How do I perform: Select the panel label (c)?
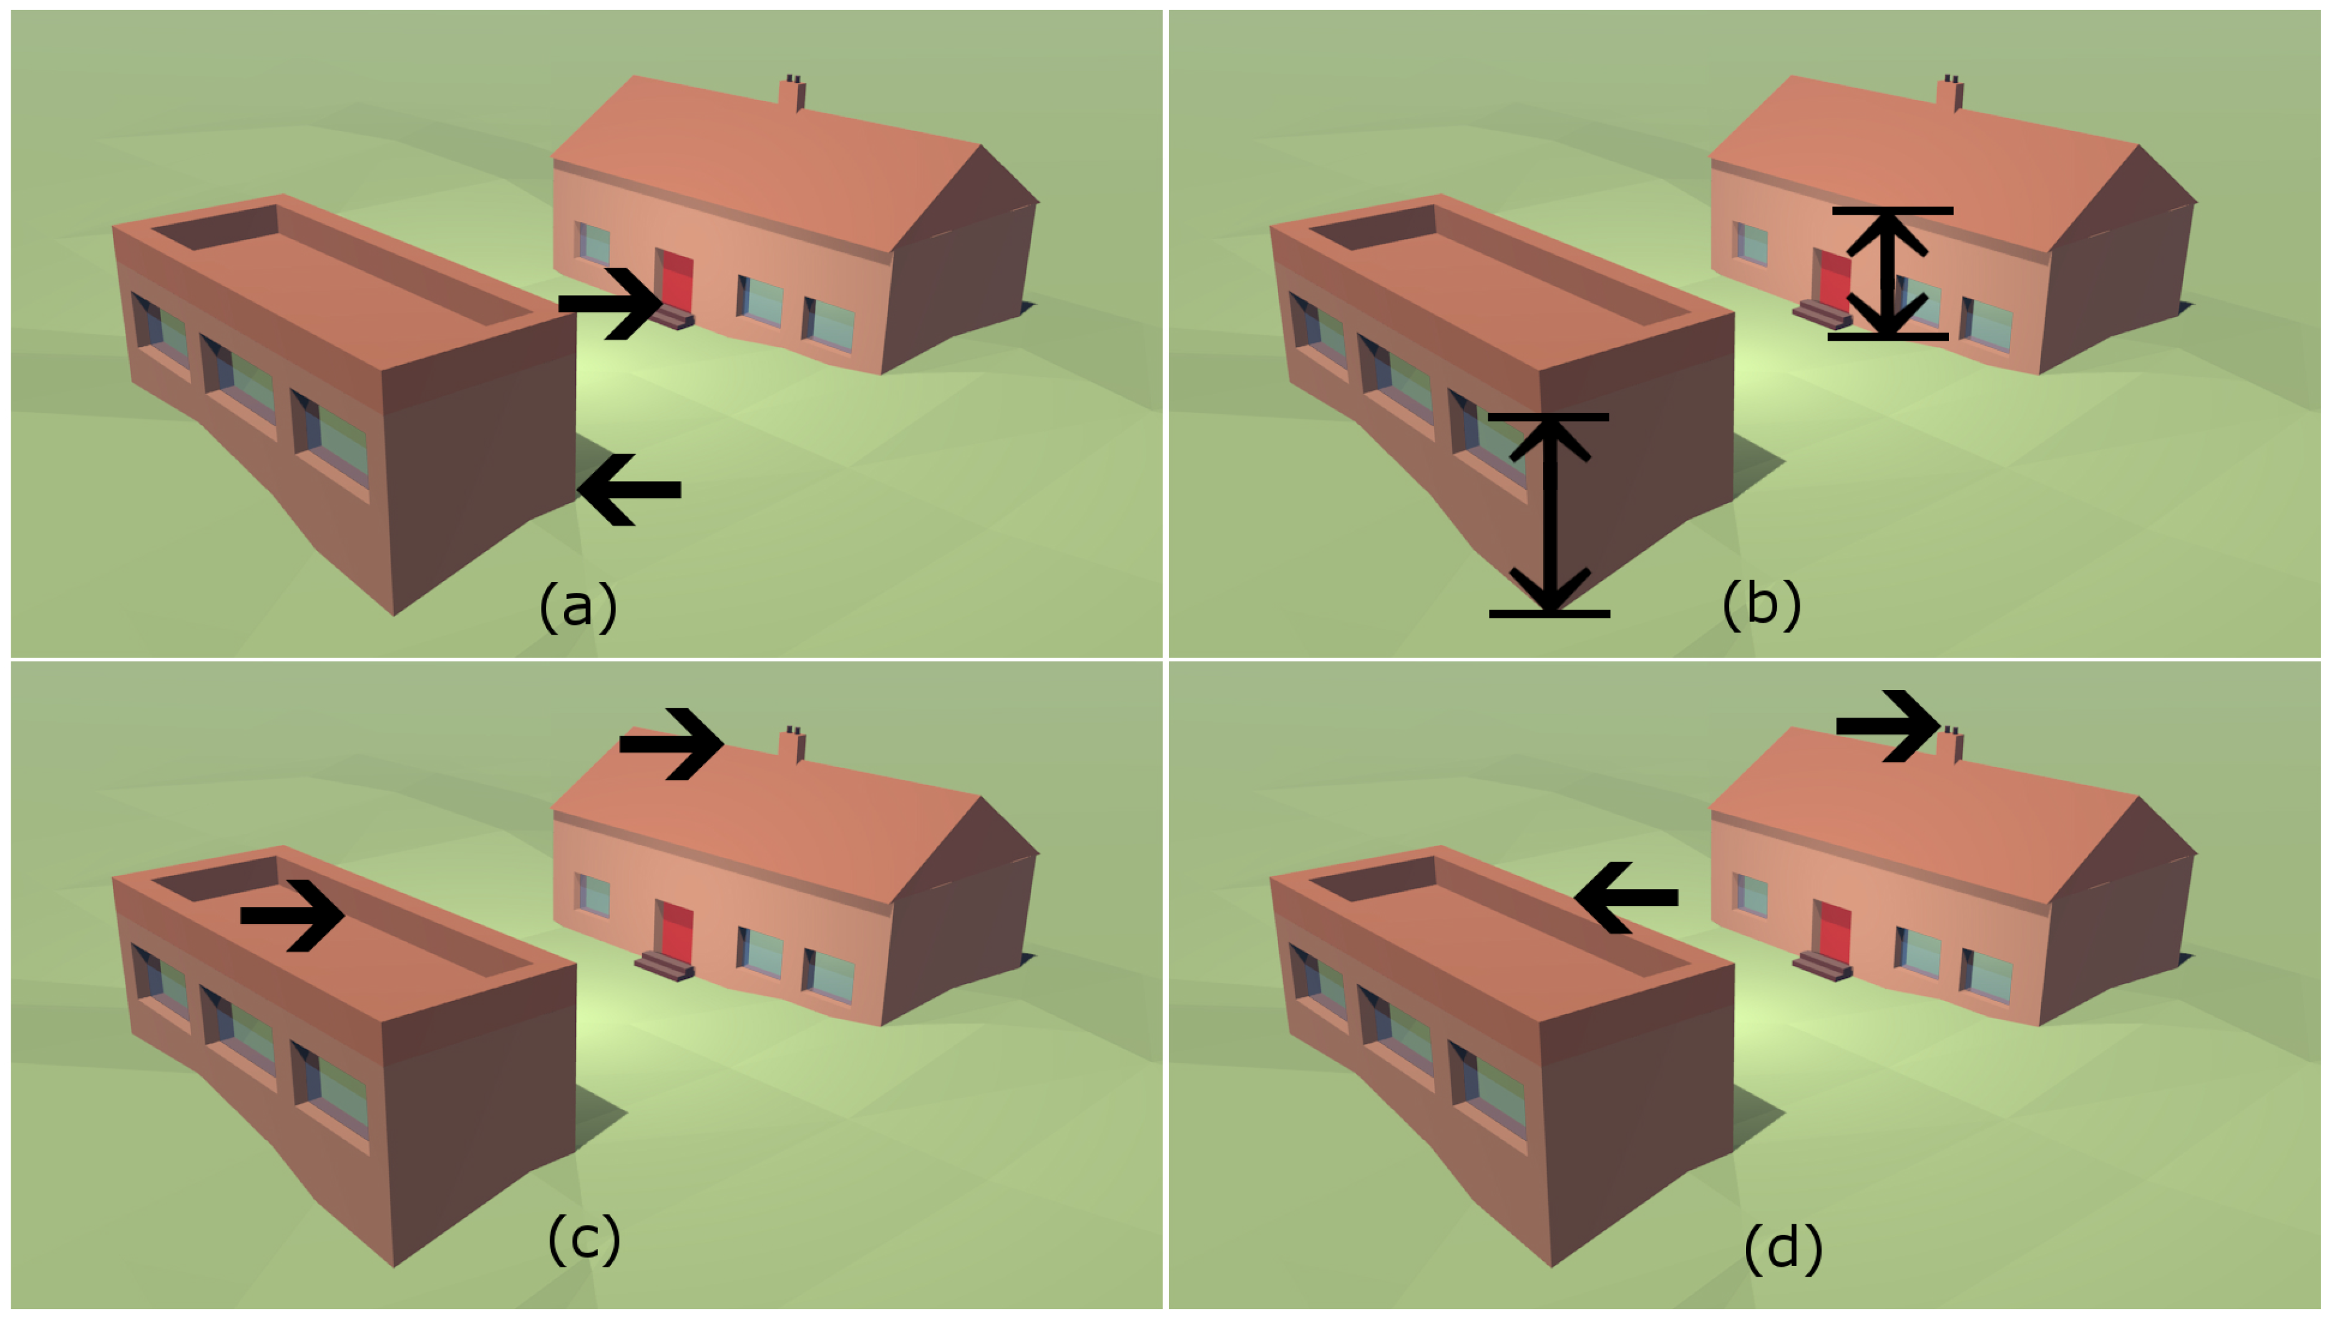click(x=584, y=1239)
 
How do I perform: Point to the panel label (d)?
click(x=1782, y=1247)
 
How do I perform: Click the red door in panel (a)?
click(x=675, y=281)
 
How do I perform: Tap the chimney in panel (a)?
click(x=791, y=94)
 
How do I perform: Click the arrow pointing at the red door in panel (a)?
click(x=609, y=303)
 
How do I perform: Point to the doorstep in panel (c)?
click(x=665, y=967)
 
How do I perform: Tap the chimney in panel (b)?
click(x=1949, y=94)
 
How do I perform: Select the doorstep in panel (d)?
click(x=1822, y=967)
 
